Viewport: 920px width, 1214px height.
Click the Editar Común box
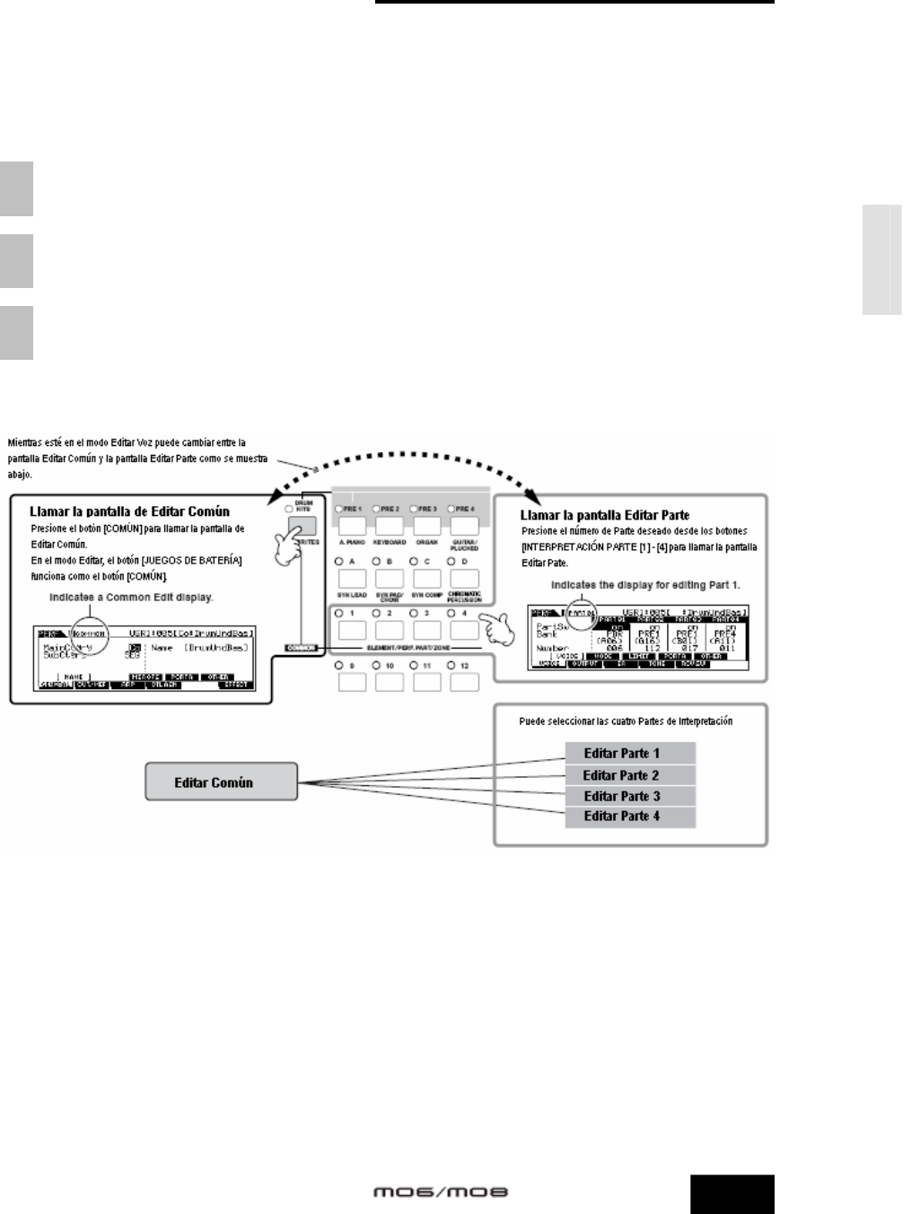[214, 782]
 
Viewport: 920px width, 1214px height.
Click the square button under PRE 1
[352, 526]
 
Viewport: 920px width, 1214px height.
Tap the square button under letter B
[390, 579]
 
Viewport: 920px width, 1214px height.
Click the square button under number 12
[465, 682]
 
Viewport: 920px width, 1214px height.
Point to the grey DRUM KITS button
[303, 528]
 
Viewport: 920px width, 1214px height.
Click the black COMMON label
[302, 646]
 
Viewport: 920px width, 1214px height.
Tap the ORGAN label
[426, 543]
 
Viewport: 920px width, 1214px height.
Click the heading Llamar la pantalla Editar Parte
[605, 515]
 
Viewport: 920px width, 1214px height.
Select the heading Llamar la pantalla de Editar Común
[129, 511]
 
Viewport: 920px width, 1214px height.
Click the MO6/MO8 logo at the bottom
[441, 1192]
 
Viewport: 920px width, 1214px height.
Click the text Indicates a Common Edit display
[131, 596]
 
